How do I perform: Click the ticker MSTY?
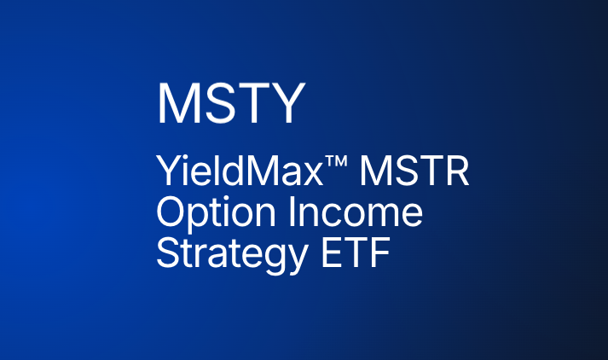pyautogui.click(x=230, y=104)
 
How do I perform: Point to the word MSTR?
pyautogui.click(x=414, y=173)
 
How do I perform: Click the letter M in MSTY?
pyautogui.click(x=177, y=104)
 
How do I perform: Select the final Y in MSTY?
pyautogui.click(x=287, y=104)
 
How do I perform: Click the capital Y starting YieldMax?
pyautogui.click(x=166, y=173)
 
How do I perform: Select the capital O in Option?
pyautogui.click(x=171, y=213)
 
